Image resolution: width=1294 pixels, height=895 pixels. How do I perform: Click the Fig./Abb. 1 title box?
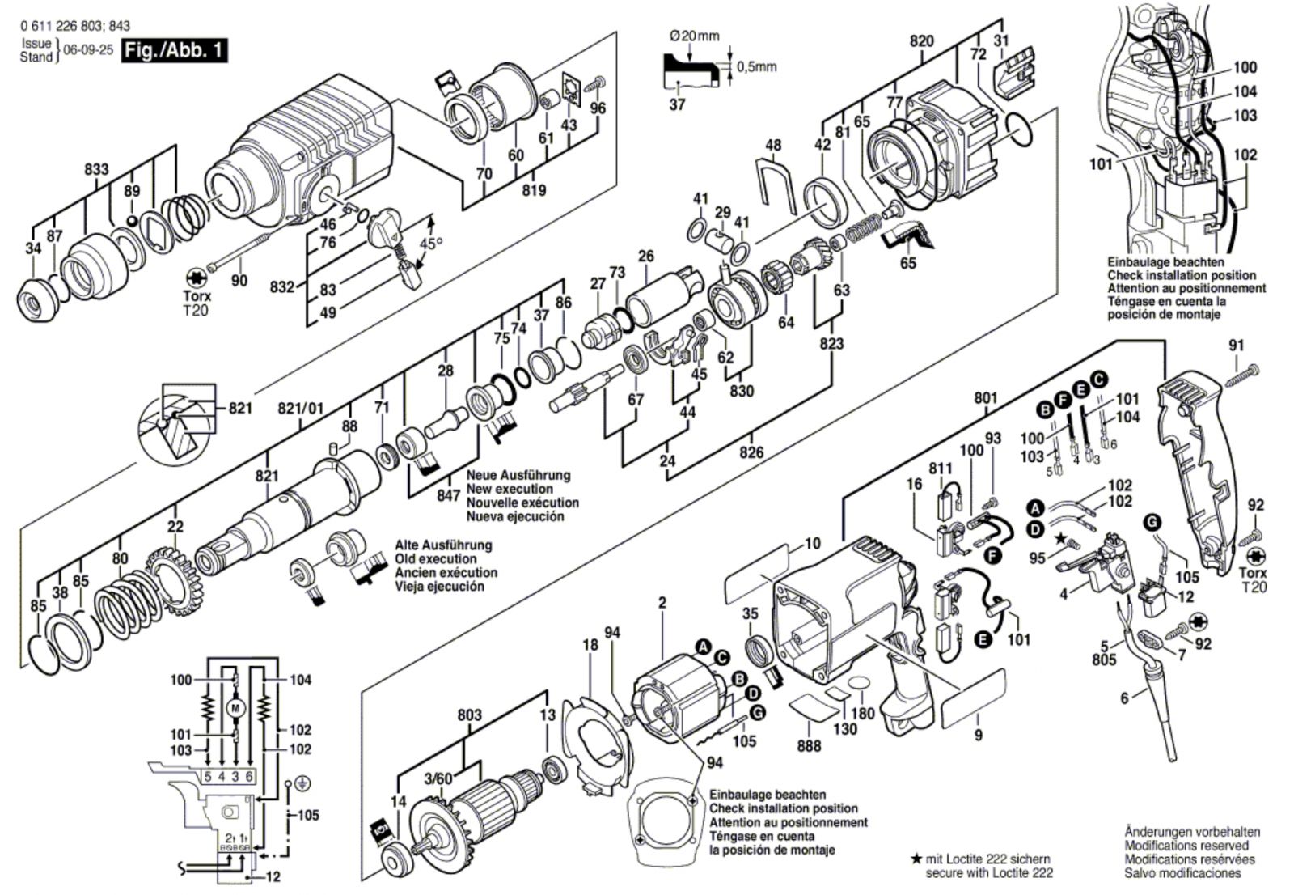(175, 50)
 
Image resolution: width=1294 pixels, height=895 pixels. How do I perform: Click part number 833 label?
(96, 169)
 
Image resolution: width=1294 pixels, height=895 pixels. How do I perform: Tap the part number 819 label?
(534, 190)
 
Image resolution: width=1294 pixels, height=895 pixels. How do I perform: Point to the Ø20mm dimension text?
(695, 36)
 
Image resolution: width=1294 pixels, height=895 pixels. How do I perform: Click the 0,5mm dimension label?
(757, 67)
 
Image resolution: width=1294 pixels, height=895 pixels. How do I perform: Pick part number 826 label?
(751, 452)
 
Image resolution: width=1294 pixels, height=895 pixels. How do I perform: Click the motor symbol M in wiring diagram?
(235, 706)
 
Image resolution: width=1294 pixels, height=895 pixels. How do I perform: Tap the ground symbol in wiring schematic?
(300, 783)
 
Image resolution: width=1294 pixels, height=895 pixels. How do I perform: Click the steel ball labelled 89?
(132, 221)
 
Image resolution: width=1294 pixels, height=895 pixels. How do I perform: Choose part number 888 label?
(809, 746)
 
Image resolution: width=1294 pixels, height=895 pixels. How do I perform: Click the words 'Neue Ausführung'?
(518, 475)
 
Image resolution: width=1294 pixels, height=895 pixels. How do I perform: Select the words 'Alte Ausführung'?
(443, 545)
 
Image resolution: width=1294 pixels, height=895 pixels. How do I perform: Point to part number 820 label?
(921, 41)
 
